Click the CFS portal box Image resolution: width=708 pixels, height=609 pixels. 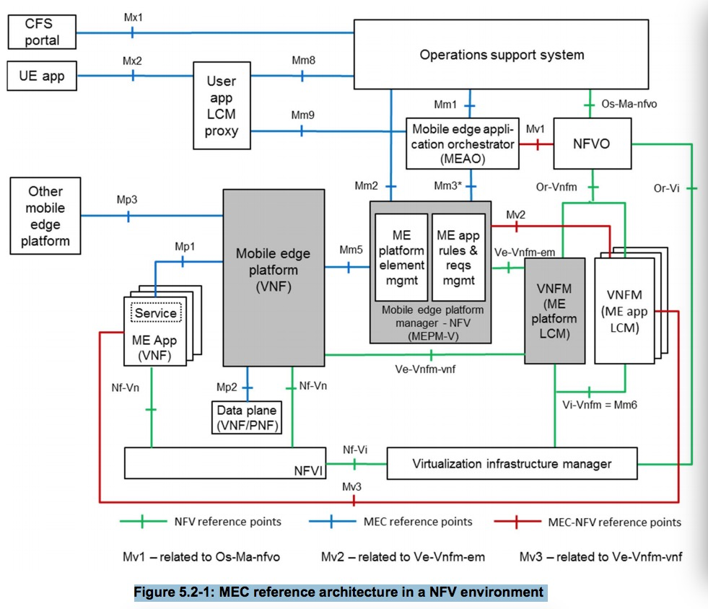[x=43, y=32]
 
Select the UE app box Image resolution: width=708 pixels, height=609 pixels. [x=43, y=76]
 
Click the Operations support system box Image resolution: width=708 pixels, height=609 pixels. [x=502, y=55]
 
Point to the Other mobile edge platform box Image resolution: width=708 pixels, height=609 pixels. [x=45, y=216]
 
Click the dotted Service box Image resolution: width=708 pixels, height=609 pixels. [x=155, y=313]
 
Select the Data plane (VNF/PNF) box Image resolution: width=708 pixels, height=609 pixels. [x=247, y=418]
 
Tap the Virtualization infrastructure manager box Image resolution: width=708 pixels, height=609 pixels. [x=512, y=463]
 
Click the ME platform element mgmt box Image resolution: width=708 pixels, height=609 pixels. [x=401, y=257]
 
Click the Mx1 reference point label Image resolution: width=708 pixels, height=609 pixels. [x=132, y=16]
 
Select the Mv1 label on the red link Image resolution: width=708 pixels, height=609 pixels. [x=535, y=129]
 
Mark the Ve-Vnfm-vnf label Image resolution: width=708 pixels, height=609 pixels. [x=430, y=370]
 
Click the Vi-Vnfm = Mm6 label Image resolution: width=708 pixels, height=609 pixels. [x=599, y=405]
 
